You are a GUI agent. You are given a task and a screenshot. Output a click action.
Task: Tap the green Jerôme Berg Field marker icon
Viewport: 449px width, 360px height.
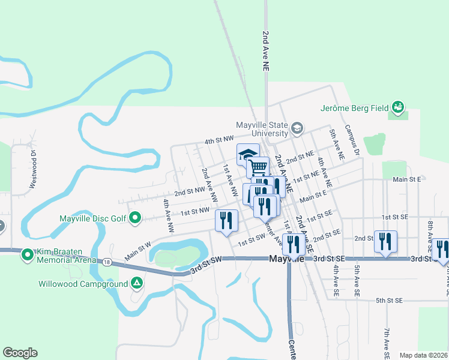click(397, 107)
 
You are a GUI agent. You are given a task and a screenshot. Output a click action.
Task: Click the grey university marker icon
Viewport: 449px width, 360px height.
click(297, 128)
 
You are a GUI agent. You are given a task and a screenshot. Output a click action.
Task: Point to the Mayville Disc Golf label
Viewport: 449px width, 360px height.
click(93, 218)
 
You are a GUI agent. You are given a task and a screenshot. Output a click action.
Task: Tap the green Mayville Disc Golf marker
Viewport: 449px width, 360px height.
click(136, 218)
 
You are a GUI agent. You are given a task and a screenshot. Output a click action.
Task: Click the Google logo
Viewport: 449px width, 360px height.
click(20, 353)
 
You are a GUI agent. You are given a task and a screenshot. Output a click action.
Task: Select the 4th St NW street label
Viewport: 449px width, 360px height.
click(218, 140)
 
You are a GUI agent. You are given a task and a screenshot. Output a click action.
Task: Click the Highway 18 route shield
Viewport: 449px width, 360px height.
click(107, 262)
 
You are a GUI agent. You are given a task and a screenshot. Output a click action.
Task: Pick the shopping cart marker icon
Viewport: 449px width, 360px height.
click(258, 166)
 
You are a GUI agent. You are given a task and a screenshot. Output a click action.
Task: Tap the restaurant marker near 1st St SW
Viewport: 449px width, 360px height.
click(226, 220)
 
